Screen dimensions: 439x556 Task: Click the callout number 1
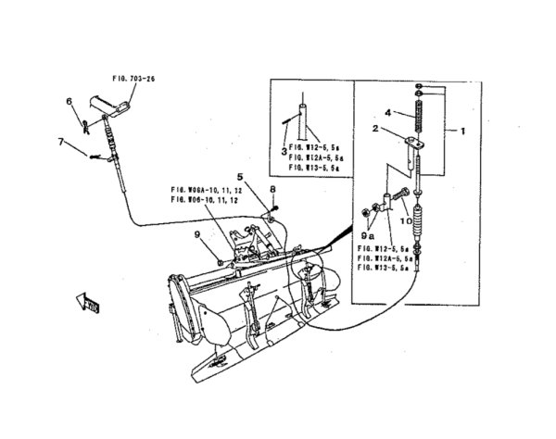pos(461,132)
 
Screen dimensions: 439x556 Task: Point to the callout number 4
pos(390,113)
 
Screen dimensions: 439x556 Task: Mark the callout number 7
pos(61,142)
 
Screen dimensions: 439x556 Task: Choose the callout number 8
pos(272,189)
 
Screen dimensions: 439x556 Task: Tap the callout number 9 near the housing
pos(197,234)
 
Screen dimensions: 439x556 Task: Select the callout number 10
pos(405,220)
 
